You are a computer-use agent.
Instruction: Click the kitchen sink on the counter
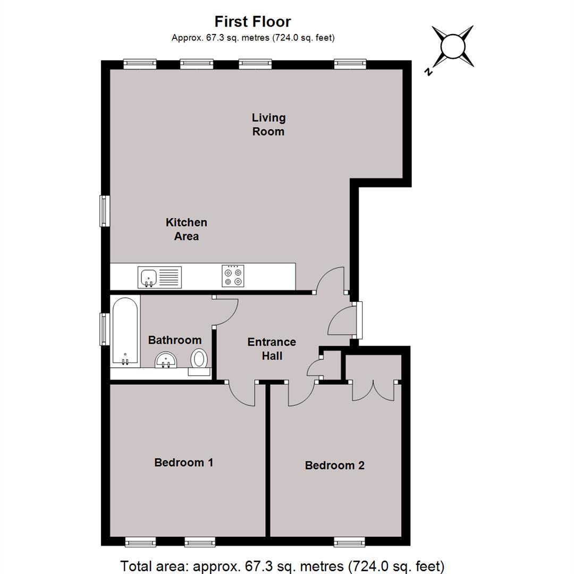click(159, 277)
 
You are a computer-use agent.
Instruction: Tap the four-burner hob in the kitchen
click(233, 276)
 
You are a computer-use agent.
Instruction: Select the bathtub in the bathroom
click(125, 331)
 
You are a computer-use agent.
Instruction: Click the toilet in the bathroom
click(199, 360)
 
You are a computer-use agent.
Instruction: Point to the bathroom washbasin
click(166, 360)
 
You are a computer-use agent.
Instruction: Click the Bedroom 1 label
click(183, 462)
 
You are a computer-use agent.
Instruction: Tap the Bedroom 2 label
click(335, 465)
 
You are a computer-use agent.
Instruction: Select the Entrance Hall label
click(272, 349)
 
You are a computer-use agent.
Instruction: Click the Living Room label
click(268, 124)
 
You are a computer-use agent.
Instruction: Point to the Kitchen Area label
click(187, 229)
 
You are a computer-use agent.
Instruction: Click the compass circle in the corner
click(453, 46)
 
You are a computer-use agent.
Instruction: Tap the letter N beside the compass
click(428, 71)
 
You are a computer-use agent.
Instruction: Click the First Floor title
click(252, 22)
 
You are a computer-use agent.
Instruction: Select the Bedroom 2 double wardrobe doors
click(373, 391)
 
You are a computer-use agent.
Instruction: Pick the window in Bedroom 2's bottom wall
click(350, 542)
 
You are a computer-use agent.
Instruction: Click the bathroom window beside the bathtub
click(105, 329)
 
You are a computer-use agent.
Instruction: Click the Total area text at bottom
click(282, 566)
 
